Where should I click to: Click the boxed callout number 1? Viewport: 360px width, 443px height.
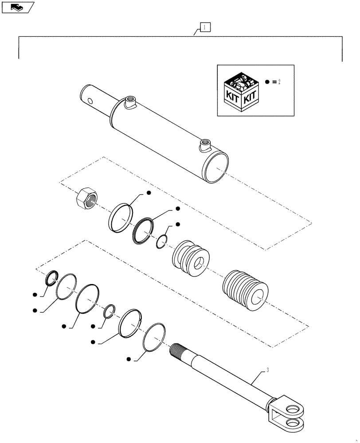click(204, 27)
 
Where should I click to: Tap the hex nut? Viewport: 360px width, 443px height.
click(85, 198)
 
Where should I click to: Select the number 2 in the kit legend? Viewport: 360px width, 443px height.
click(279, 82)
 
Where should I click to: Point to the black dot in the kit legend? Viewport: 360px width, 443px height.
click(267, 82)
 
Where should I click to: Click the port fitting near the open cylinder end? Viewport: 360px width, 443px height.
click(205, 145)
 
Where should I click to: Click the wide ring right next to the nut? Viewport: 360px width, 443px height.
click(121, 218)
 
